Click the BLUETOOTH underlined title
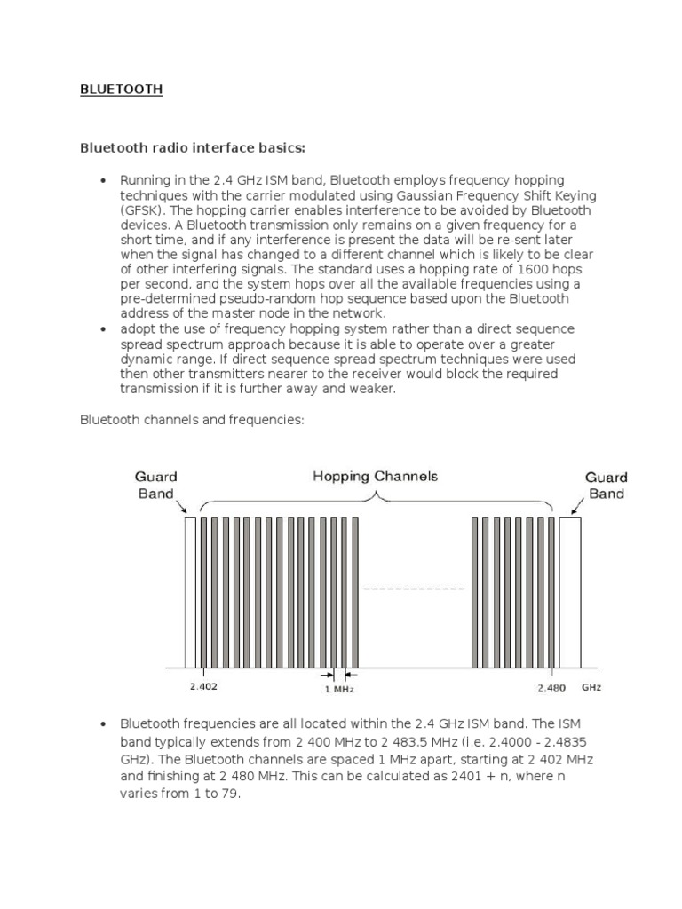point(122,90)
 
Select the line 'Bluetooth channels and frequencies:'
point(192,420)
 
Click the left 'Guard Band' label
point(156,485)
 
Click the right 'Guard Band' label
point(606,485)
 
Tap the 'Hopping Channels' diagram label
point(376,477)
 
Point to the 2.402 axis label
point(203,686)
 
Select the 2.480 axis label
point(551,686)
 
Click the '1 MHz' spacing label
point(337,688)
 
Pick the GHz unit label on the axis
point(591,686)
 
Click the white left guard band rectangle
point(190,590)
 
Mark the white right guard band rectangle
point(569,590)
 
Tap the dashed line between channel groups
point(415,589)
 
